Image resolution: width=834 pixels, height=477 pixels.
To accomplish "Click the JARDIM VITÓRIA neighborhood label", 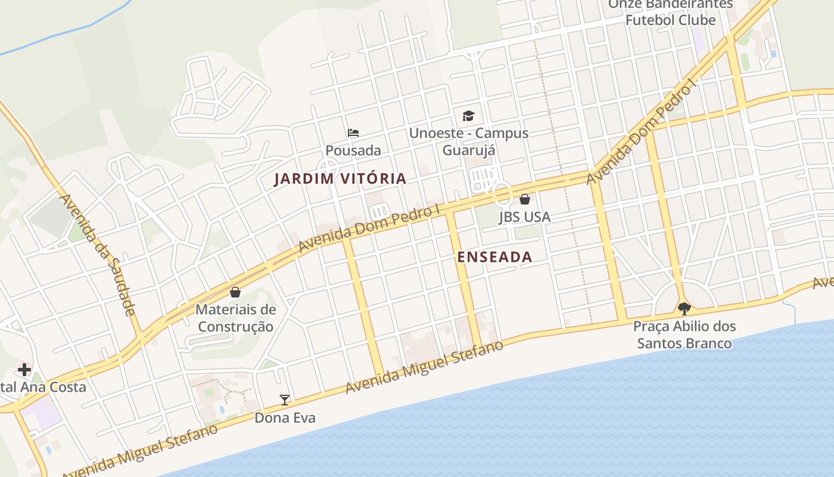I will point(340,178).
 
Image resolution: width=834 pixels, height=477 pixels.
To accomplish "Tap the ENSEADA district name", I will point(494,257).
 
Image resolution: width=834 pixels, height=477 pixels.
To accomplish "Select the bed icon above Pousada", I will point(353,133).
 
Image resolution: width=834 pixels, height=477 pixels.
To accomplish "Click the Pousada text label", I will point(353,150).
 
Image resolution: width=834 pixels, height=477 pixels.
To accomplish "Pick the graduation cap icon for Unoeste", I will point(469,116).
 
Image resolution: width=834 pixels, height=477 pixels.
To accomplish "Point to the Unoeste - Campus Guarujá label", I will point(469,141).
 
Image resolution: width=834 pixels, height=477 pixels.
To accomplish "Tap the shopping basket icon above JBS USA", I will point(525,199).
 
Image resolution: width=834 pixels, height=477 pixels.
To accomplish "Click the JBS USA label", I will point(525,217).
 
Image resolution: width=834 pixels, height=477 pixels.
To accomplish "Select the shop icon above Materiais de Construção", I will point(235,292).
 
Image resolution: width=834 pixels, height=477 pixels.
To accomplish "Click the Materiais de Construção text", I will point(236,318).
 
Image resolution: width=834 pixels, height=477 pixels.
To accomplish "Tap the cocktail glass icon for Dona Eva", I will point(285,399).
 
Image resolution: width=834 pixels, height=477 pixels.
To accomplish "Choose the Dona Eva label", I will point(285,418).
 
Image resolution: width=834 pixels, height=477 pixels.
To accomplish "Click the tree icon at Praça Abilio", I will point(684,308).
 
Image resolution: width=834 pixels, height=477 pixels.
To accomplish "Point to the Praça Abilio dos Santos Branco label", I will point(684,334).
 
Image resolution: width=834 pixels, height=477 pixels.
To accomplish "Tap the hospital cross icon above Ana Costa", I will point(24,369).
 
